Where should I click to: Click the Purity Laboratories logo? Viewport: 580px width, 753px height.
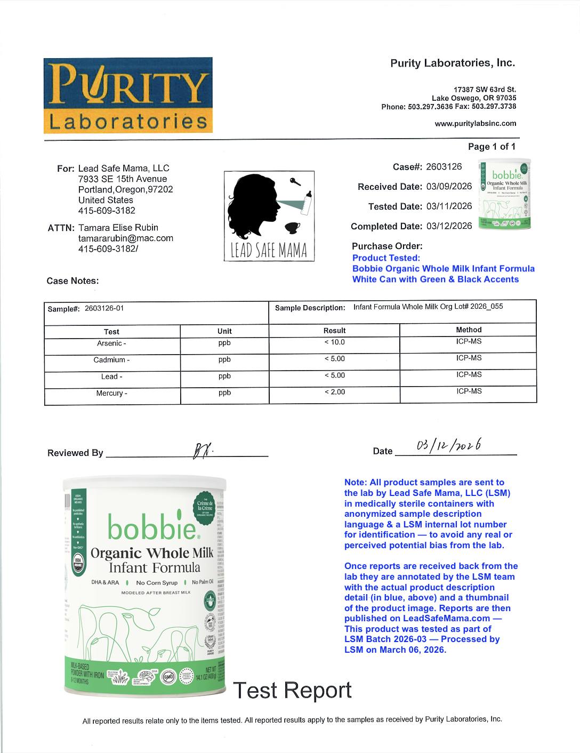(128, 95)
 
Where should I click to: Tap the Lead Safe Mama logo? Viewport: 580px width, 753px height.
(269, 216)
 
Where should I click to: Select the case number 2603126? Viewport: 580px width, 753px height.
(444, 167)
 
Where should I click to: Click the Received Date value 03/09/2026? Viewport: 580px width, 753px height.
(449, 187)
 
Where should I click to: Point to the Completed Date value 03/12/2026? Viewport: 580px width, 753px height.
(449, 226)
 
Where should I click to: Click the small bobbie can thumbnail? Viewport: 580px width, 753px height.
(504, 194)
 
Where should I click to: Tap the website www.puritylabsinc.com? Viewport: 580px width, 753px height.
(476, 124)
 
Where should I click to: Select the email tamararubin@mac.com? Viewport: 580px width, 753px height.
(126, 238)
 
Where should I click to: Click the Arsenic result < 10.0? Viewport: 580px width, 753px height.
(335, 342)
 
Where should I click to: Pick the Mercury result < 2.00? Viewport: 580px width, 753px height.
(335, 392)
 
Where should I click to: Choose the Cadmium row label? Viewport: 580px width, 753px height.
(111, 360)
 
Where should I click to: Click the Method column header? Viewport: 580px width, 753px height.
(469, 330)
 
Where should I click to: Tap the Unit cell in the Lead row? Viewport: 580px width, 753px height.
(224, 376)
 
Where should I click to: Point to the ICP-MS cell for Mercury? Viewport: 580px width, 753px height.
(469, 391)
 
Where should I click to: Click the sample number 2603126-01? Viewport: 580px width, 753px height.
(104, 308)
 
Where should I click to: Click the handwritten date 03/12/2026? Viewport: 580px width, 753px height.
(449, 445)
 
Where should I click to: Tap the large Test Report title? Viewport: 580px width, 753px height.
(292, 691)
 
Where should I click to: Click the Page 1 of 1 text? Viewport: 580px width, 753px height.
(492, 147)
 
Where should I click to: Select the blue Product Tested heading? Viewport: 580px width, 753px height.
(386, 258)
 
